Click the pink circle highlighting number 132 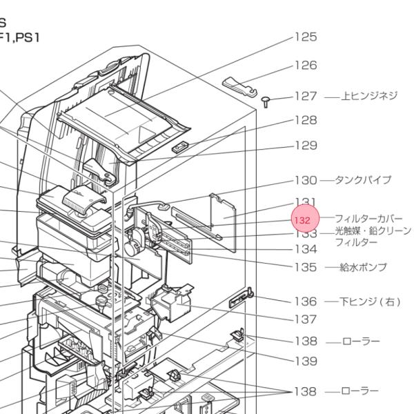click(x=306, y=219)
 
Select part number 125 click(x=306, y=37)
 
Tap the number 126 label click(x=306, y=66)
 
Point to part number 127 click(x=306, y=97)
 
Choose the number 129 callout click(x=306, y=146)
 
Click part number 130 click(x=306, y=180)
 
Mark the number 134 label click(x=306, y=249)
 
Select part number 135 click(x=306, y=267)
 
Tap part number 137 click(x=306, y=319)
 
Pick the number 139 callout click(x=306, y=361)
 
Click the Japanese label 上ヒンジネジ click(x=370, y=97)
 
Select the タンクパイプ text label click(x=363, y=180)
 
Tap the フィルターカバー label click(x=368, y=219)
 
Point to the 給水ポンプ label click(x=363, y=267)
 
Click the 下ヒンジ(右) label click(x=370, y=302)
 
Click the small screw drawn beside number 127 click(x=266, y=101)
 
